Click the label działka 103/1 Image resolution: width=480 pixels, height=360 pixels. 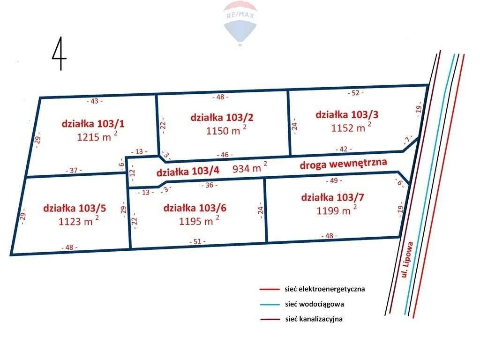[x=93, y=124]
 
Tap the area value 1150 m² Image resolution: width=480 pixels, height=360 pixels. [x=226, y=131]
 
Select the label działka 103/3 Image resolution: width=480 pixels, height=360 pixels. [x=347, y=114]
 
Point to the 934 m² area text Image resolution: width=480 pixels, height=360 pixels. [x=250, y=168]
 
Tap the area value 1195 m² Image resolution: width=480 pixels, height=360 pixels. [x=199, y=221]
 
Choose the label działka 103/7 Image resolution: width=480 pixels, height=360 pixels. [x=332, y=197]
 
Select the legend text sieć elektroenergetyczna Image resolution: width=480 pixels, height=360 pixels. [x=324, y=289]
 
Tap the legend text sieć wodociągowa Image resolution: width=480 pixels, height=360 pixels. [x=314, y=304]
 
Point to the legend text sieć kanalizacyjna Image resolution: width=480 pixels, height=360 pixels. [x=314, y=319]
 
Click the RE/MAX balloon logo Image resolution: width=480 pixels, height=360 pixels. [x=240, y=22]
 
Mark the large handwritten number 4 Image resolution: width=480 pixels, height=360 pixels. [x=59, y=54]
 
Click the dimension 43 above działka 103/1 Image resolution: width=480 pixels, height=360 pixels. [x=95, y=100]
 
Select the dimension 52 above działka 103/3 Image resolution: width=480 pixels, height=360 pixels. [x=356, y=93]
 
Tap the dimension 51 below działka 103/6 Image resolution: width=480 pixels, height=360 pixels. [x=197, y=241]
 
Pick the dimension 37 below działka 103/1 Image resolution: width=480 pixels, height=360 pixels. [x=74, y=171]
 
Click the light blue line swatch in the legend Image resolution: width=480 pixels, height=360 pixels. [x=270, y=304]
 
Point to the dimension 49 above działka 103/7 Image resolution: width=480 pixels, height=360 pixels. [x=334, y=180]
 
